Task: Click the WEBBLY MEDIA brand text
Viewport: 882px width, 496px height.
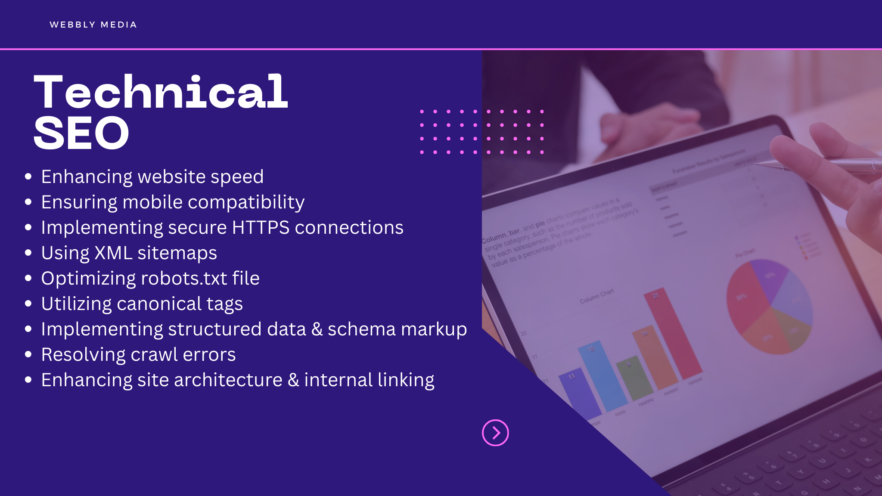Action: pos(93,25)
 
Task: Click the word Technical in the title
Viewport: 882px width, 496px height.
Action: pos(161,92)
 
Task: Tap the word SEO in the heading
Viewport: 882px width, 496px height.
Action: pos(81,133)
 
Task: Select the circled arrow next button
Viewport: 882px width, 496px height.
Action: pos(495,433)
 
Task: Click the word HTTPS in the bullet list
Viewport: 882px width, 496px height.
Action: pos(261,227)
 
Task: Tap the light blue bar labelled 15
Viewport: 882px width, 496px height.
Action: pos(603,375)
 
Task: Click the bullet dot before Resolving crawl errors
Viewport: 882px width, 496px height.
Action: pos(28,354)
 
